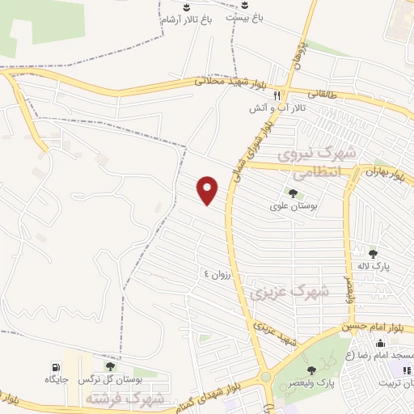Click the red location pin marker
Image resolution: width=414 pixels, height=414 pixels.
click(x=208, y=189)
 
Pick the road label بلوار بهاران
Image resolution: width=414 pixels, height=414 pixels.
click(x=383, y=174)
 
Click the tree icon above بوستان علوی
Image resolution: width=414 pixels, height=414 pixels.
click(x=292, y=193)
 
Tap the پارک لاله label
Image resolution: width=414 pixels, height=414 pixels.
click(x=374, y=266)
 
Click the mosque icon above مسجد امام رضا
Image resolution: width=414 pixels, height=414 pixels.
click(x=380, y=344)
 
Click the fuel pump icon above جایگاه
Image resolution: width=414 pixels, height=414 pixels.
click(x=56, y=365)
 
